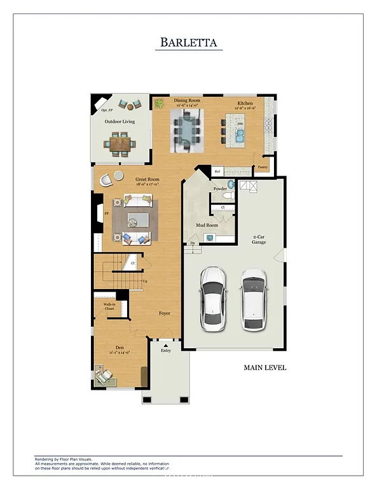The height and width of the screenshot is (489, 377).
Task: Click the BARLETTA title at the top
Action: click(188, 43)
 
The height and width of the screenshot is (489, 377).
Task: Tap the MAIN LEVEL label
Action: click(265, 367)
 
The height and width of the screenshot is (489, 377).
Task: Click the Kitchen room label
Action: click(245, 103)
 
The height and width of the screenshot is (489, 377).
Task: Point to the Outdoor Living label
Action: click(120, 121)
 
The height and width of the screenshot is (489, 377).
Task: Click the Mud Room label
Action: click(207, 225)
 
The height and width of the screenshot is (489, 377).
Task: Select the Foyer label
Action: click(164, 313)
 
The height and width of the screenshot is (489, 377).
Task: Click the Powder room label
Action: click(220, 189)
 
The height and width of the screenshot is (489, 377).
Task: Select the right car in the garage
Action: click(254, 299)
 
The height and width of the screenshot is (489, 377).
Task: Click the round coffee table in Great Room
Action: click(133, 221)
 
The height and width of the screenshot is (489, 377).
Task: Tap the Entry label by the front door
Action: click(166, 350)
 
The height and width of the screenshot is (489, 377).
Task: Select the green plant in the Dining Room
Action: click(158, 103)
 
